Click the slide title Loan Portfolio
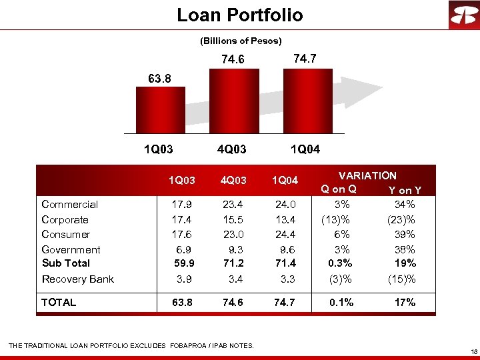click(239, 15)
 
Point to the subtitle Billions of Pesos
click(241, 41)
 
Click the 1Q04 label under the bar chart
click(305, 149)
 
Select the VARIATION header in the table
click(367, 176)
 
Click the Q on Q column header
click(339, 189)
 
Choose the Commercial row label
click(70, 205)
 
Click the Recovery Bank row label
click(78, 279)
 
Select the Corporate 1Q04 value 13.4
click(283, 219)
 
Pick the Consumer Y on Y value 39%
click(405, 234)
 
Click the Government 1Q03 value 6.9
click(182, 249)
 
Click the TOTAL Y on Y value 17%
click(405, 303)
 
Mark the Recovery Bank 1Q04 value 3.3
click(284, 279)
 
